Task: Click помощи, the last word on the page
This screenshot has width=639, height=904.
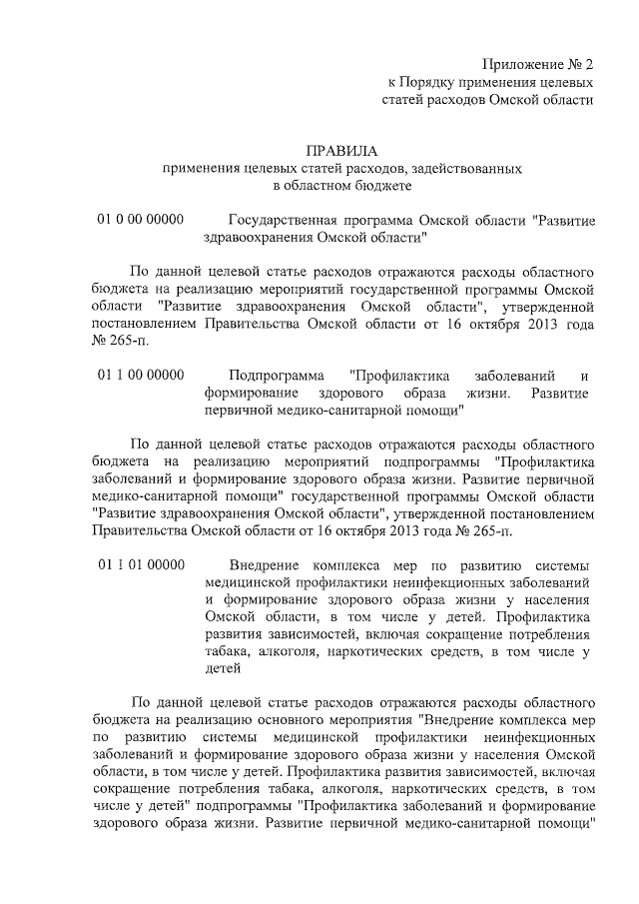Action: [x=566, y=826]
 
